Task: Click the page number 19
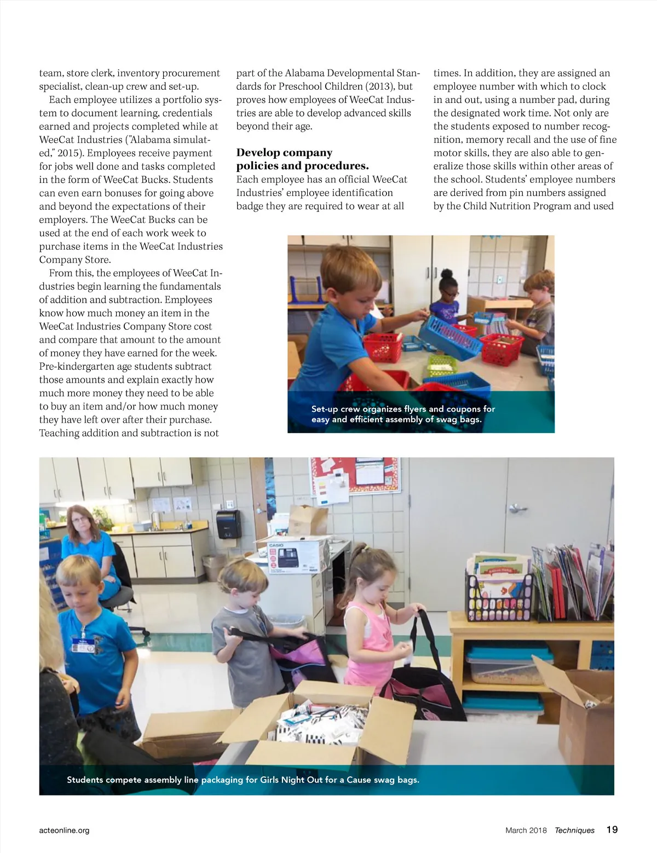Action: point(612,829)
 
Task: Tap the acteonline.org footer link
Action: point(64,830)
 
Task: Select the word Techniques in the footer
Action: point(574,830)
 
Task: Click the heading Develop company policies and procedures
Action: point(302,159)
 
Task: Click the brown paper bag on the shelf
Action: point(308,520)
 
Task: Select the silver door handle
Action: point(516,508)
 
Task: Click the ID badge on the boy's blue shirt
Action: point(84,645)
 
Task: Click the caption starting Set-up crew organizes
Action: point(403,414)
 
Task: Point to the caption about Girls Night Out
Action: point(243,780)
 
